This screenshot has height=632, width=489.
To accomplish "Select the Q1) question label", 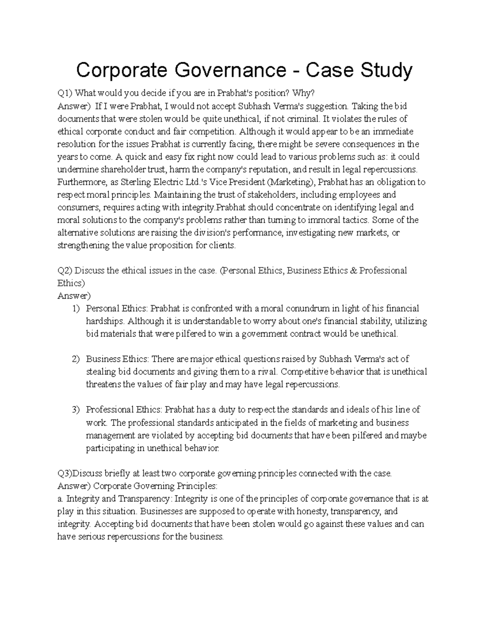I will coord(64,94).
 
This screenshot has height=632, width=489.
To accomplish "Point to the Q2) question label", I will coord(64,271).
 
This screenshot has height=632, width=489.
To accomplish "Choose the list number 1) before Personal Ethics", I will coord(76,309).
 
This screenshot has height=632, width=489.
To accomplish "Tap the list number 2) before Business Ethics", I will coord(76,359).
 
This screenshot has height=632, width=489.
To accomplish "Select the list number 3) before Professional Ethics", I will coord(76,410).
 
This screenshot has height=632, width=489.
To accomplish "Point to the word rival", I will coord(267,372).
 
